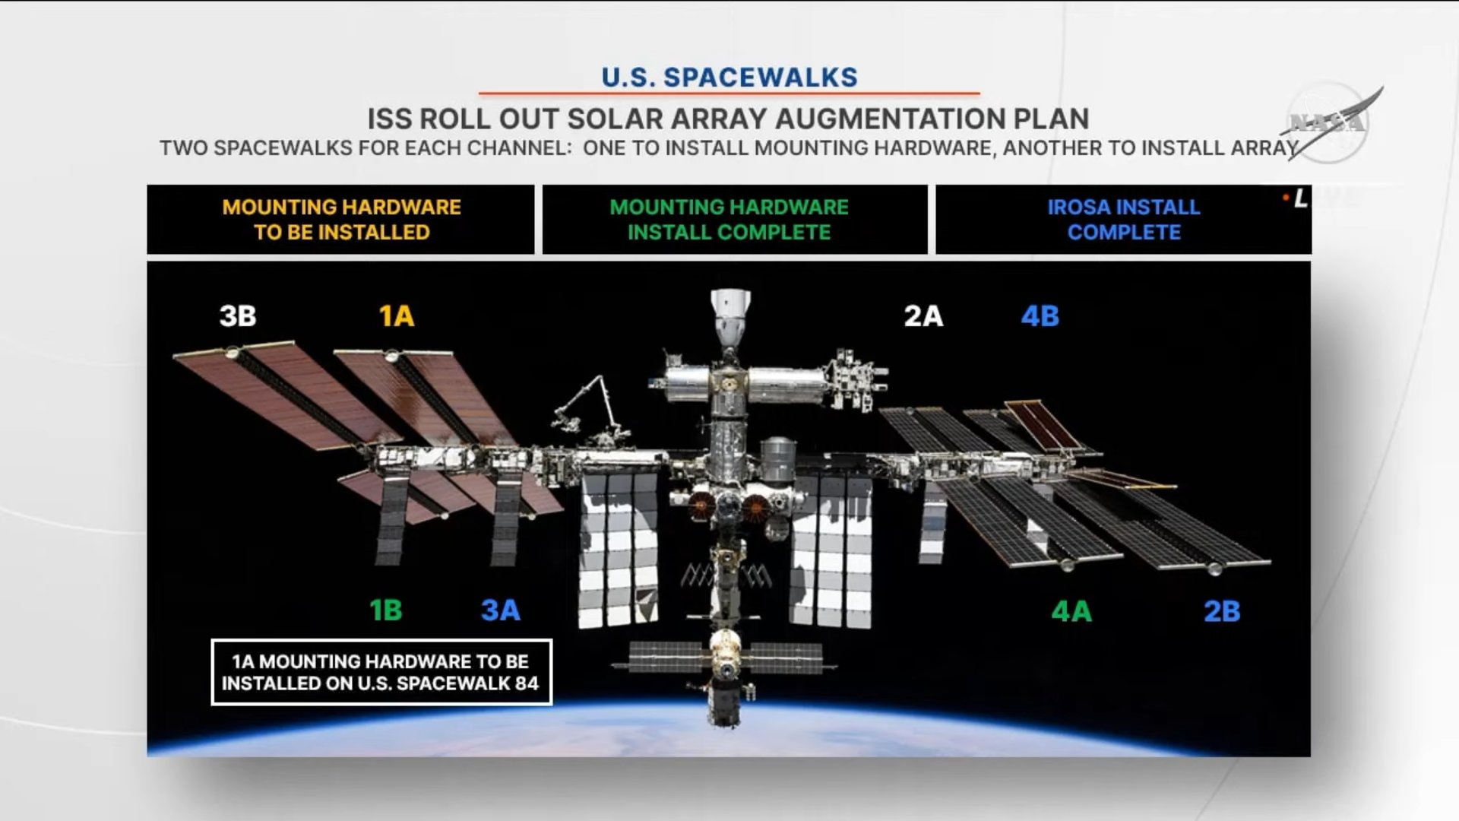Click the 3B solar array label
238,315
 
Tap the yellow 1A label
397,315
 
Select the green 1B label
385,610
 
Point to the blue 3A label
501,610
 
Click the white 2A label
923,315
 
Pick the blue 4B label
1040,315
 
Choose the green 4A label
1071,610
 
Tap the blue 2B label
1222,610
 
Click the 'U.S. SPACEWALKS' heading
729,77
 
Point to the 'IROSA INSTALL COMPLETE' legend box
1124,219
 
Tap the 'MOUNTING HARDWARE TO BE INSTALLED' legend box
341,219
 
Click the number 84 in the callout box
527,683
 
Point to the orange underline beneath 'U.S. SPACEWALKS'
729,94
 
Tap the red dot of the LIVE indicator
1286,198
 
